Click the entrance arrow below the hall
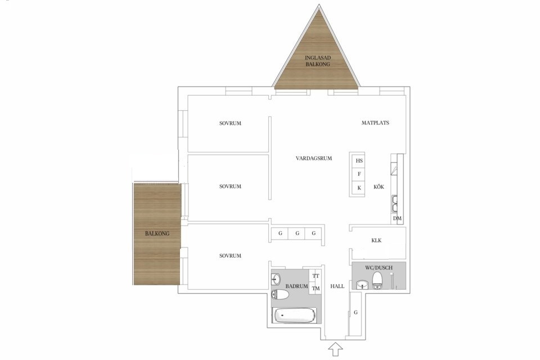335,349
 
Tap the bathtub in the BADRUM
294,315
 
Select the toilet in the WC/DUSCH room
377,280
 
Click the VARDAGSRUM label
314,159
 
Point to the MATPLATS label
375,123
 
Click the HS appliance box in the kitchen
359,161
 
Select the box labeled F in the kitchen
359,174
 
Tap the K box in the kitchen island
359,188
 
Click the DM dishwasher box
397,218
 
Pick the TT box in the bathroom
316,276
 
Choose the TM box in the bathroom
316,289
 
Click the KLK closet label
376,240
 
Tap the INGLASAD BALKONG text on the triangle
317,61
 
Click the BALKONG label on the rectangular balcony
157,233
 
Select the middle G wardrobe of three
297,233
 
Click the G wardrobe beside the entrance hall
355,313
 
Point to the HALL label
337,286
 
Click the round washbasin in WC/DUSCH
362,285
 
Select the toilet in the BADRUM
280,295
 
